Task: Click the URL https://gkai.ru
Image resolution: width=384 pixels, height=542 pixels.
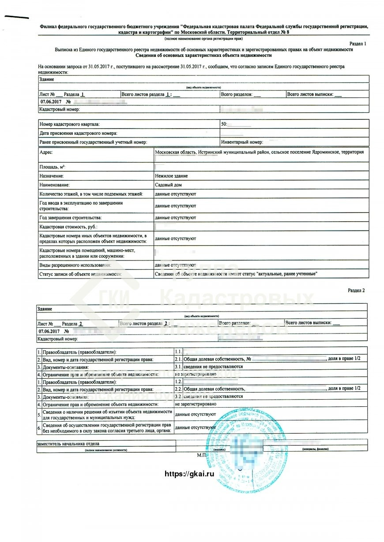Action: (189, 474)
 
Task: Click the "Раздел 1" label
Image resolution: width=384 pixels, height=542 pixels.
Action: (357, 44)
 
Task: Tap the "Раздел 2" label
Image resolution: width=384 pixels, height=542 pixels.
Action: (356, 290)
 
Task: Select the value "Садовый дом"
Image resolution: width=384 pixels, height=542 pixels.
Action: (168, 185)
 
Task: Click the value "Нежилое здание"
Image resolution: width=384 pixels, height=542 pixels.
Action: (171, 176)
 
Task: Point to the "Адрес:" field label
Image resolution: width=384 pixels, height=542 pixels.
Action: (46, 152)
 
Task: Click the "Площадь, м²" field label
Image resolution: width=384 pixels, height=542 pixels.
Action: (52, 167)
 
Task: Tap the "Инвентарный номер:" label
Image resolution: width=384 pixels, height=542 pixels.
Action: (242, 142)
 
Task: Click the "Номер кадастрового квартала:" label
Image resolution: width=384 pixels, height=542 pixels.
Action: (69, 124)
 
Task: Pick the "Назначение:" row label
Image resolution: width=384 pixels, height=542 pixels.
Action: (52, 176)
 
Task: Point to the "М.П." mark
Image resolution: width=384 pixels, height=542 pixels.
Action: (202, 454)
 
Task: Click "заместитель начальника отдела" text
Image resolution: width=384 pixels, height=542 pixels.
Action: (68, 444)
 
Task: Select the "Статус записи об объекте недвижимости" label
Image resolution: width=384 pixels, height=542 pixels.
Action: (80, 274)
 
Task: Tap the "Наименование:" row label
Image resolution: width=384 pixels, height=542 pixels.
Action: (55, 185)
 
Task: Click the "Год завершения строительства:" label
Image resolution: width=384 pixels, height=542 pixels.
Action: (71, 218)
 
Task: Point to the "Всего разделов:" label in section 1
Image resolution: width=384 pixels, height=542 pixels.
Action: (237, 94)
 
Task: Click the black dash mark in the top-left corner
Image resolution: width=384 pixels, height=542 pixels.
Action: (17, 17)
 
